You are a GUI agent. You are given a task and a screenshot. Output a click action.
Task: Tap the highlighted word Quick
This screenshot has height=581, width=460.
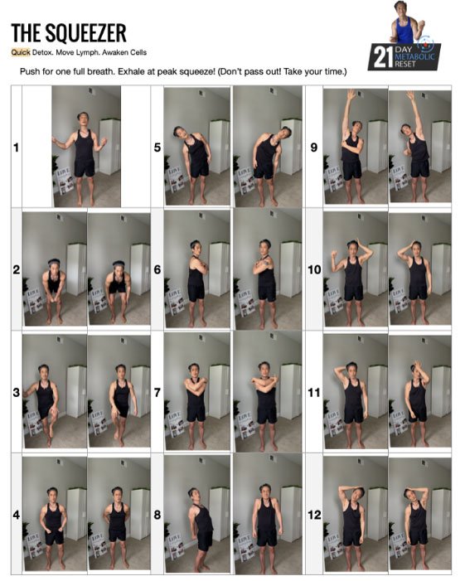pos(21,52)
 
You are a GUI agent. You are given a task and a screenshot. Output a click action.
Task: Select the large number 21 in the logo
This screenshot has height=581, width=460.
pos(383,57)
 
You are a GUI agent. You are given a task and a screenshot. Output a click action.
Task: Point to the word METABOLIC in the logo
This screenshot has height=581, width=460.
pos(414,56)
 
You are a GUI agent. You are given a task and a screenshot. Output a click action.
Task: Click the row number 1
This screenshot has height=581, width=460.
pos(16,148)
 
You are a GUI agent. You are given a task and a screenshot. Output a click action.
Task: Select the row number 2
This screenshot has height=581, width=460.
pos(17,269)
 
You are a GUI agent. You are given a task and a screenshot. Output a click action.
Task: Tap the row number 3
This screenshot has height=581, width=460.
pos(17,392)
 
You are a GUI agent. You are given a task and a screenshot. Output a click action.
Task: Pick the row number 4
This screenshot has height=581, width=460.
pos(17,515)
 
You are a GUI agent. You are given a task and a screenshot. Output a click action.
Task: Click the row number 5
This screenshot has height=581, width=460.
pos(157,148)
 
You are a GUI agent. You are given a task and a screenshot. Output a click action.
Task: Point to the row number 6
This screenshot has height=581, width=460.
pos(157,269)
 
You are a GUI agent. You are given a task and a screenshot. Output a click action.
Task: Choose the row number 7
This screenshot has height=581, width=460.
pos(157,392)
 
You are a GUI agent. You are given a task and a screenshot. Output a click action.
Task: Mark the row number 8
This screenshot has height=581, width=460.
pos(157,515)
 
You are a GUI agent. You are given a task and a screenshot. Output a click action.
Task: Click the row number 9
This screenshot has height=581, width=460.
pos(314,148)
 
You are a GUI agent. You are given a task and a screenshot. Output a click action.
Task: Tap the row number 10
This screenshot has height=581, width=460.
pos(314,269)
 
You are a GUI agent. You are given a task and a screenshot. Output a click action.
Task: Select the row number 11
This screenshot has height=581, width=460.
pos(314,392)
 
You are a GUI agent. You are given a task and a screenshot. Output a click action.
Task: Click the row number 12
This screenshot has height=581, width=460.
pos(314,515)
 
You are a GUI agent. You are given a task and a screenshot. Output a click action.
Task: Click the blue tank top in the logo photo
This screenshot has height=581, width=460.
pos(405,31)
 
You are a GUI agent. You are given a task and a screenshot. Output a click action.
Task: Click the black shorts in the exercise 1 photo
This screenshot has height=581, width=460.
pos(85,168)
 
